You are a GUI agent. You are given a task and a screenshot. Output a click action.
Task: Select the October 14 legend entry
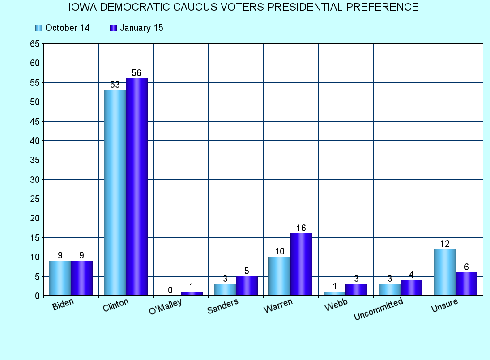[62, 28]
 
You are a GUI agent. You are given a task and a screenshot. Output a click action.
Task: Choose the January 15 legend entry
[136, 28]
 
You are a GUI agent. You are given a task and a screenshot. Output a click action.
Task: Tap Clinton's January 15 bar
[136, 187]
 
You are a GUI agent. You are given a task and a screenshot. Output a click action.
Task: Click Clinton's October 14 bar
[115, 193]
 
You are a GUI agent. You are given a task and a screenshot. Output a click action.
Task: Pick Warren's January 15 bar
[301, 264]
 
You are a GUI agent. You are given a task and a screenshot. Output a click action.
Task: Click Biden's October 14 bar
[60, 278]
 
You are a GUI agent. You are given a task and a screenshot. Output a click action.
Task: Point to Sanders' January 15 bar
[247, 286]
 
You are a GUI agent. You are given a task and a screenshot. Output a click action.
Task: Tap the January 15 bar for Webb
[356, 290]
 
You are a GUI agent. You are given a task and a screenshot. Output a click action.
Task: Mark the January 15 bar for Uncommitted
[411, 288]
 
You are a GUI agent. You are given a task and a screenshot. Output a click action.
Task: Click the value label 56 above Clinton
[136, 73]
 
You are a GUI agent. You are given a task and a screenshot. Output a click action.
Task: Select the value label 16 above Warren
[301, 228]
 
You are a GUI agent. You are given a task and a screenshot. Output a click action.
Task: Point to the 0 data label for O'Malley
[170, 290]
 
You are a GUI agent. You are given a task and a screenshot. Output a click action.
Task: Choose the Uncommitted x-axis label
[378, 309]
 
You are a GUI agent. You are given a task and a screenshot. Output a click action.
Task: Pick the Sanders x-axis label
[223, 306]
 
